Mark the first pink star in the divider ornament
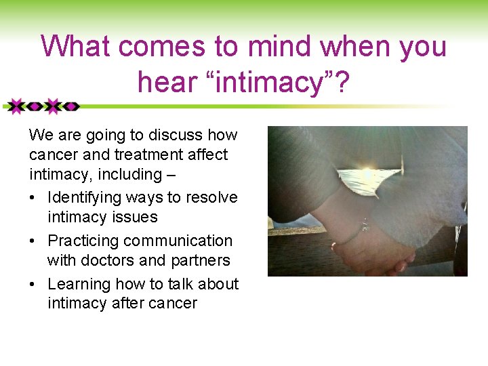tap(16, 106)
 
